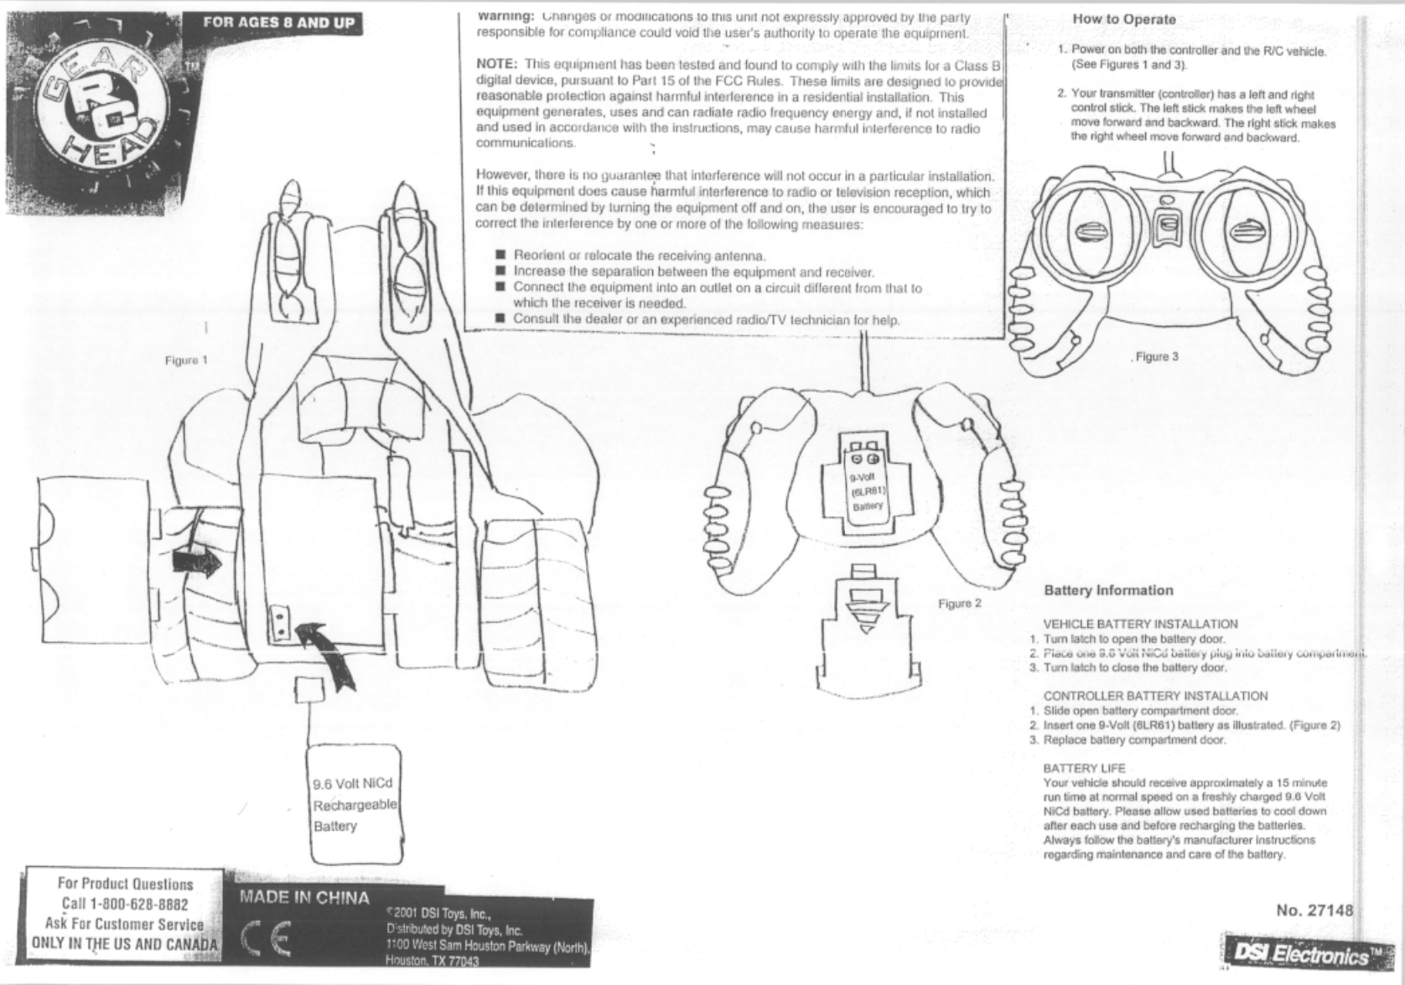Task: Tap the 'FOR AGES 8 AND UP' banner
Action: (279, 23)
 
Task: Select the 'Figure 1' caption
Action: (185, 360)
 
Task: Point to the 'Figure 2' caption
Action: (959, 603)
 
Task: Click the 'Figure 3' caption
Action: (1157, 357)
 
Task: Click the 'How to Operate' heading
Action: (1123, 19)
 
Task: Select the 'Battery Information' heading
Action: (1108, 590)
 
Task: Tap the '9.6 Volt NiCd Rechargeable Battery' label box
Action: (355, 805)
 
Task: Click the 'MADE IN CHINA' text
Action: (304, 898)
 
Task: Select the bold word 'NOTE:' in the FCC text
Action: (499, 65)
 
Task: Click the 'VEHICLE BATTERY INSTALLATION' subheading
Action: (1140, 624)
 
